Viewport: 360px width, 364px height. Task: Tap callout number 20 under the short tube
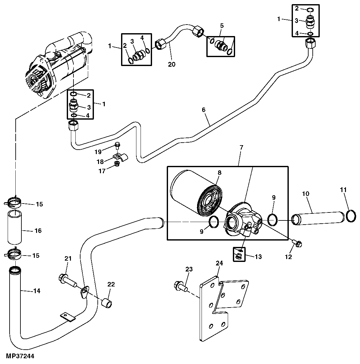pos(172,64)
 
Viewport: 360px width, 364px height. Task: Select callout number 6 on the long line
pos(203,110)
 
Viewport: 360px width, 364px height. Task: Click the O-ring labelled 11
pos(350,216)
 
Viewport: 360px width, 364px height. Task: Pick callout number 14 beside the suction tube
pos(37,291)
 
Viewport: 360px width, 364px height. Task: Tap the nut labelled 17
pos(117,164)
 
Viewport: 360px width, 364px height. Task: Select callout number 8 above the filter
pos(219,173)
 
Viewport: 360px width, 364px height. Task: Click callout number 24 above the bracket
pos(219,263)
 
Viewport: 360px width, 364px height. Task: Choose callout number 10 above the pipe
pos(306,194)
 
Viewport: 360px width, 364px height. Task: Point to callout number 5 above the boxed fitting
pos(222,25)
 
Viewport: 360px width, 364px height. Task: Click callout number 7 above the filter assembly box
pos(241,147)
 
